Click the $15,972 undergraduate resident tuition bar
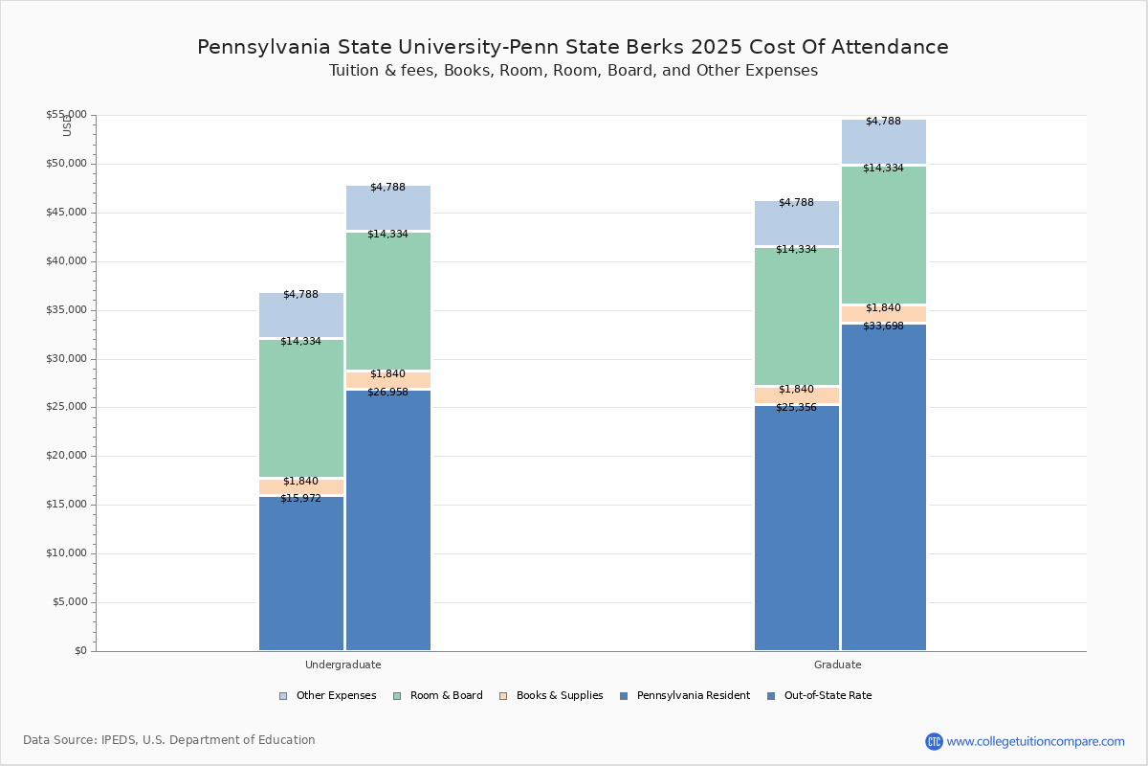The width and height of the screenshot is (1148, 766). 300,574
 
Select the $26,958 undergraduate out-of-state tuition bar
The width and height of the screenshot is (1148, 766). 387,522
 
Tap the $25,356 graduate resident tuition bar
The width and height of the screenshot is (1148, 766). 796,529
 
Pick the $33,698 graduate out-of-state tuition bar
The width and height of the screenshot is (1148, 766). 883,488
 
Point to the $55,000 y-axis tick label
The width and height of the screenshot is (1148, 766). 66,115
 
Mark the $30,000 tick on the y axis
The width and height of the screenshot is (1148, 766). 66,359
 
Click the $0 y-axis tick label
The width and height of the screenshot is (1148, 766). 79,651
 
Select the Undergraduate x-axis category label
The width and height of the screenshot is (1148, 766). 343,665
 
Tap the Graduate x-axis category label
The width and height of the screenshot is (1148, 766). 838,665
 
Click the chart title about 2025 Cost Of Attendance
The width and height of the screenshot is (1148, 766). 573,48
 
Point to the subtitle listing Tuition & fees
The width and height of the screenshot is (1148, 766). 573,71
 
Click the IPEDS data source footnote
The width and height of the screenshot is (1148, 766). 169,740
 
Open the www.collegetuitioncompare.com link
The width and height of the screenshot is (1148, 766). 1035,741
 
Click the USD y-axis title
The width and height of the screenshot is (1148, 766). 67,125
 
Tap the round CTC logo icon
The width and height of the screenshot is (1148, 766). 934,741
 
